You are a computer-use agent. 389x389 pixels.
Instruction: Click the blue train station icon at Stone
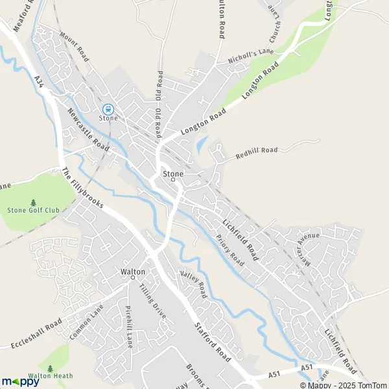pyautogui.click(x=108, y=110)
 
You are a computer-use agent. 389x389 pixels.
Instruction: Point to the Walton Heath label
pyautogui.click(x=50, y=375)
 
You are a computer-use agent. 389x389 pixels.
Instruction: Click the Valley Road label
pyautogui.click(x=193, y=286)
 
